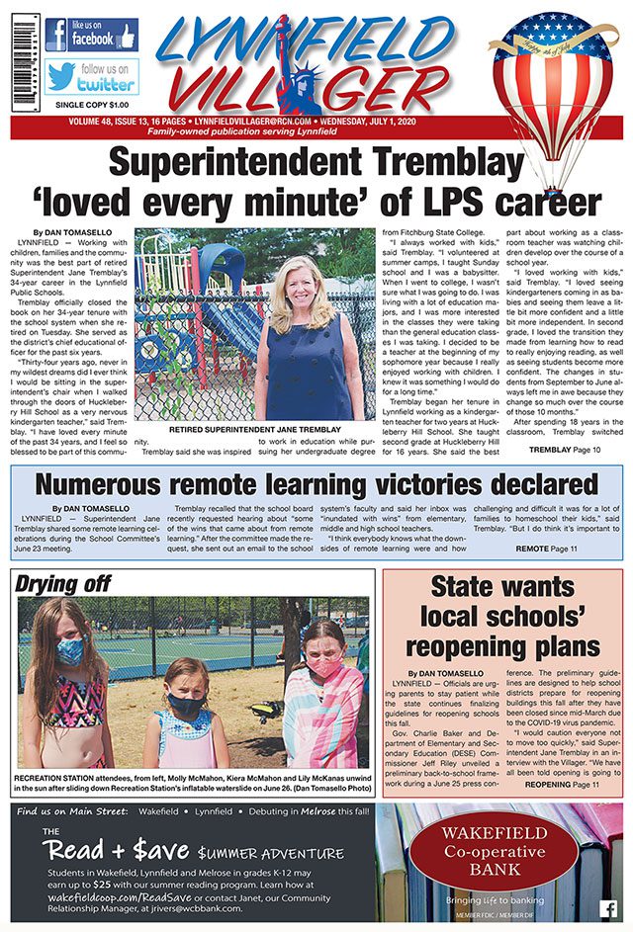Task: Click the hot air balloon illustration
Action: [555, 89]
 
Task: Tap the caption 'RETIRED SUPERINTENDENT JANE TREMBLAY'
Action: [254, 432]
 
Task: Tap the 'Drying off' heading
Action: [62, 583]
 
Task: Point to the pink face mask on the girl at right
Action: [326, 665]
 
